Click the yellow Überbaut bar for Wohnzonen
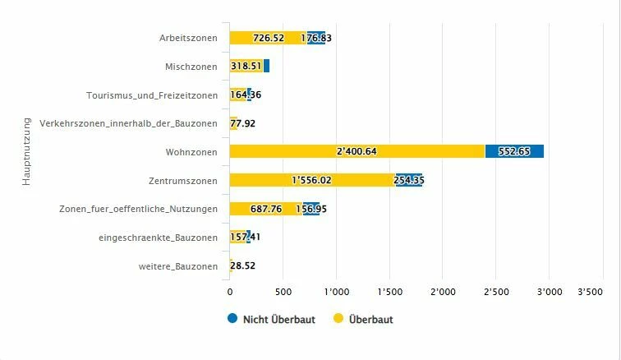357,151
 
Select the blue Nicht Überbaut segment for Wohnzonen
514,151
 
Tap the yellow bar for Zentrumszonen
312,180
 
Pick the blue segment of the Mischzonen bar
266,66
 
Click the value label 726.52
269,38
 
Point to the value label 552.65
514,151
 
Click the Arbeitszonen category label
189,38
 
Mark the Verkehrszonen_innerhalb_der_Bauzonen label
128,123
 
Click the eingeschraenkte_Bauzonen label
158,238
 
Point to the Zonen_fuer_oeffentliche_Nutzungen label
139,209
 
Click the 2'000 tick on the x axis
442,292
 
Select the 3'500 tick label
591,292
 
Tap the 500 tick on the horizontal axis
283,292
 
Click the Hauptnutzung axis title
26,151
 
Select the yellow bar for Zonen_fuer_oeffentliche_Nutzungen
266,209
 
